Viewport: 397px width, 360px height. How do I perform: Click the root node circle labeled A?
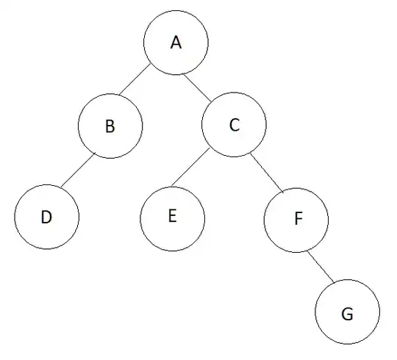pos(175,43)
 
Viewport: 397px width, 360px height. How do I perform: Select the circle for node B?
pos(110,126)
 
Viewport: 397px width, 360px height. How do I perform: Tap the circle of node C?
pos(234,126)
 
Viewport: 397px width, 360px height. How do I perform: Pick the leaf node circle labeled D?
pos(46,218)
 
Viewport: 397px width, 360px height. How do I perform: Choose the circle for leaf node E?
pos(173,218)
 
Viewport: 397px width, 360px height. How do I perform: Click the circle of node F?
pos(296,220)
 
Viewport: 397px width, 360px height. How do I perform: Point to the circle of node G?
pos(348,314)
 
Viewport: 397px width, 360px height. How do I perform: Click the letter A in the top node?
pos(175,43)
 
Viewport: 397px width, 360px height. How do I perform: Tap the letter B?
pos(110,126)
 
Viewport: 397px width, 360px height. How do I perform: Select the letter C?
pos(234,126)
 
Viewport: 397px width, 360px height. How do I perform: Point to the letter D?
pos(46,218)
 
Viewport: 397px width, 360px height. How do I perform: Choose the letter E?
pos(173,217)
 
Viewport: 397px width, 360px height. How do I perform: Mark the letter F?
pos(297,220)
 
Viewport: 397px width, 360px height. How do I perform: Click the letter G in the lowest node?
pos(348,314)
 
